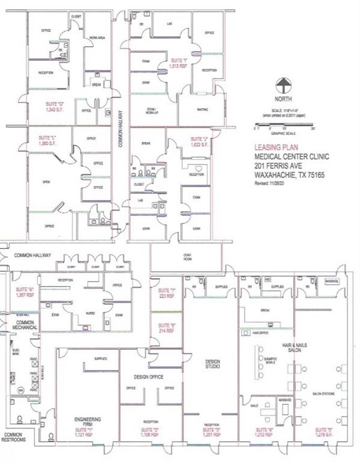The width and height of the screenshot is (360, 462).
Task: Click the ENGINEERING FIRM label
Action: [x=87, y=420]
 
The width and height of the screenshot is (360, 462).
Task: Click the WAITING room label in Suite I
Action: [x=202, y=109]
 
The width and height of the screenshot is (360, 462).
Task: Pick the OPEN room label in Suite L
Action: [x=46, y=181]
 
